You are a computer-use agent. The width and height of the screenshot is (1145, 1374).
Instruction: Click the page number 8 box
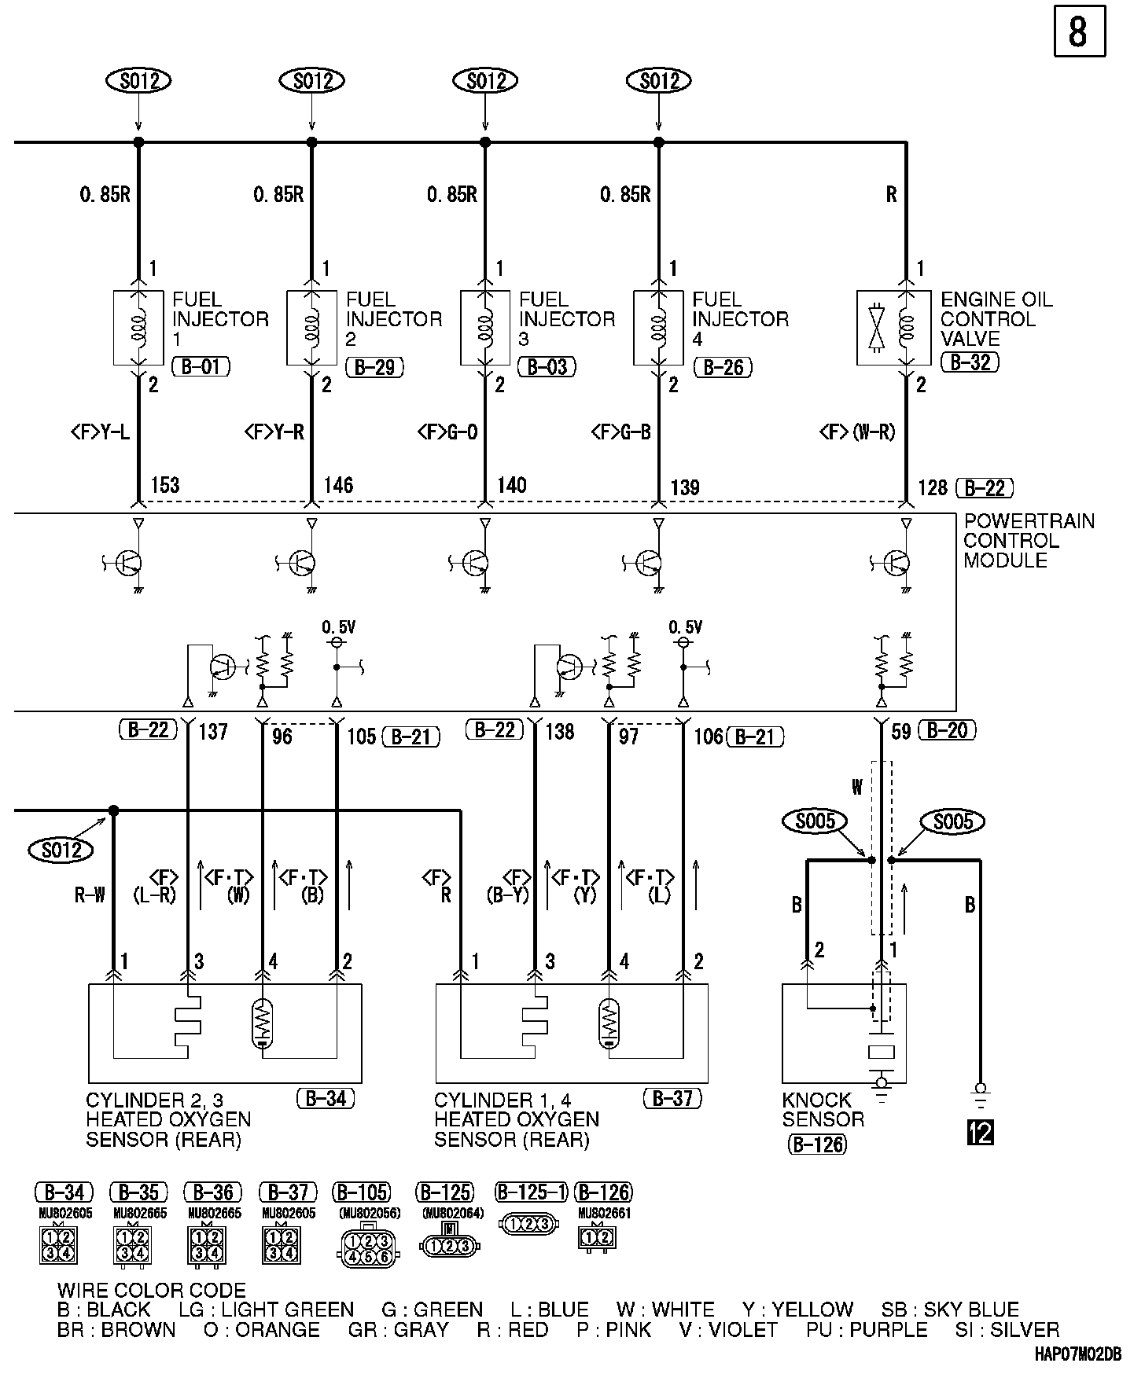(x=1079, y=31)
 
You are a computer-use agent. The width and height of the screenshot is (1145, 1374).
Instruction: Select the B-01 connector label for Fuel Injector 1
(x=201, y=366)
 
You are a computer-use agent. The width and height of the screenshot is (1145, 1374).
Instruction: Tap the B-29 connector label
(x=374, y=367)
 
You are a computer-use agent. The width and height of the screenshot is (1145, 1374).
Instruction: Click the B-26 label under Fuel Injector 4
(x=723, y=367)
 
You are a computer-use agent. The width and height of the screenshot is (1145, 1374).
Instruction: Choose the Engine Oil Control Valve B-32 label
(x=970, y=362)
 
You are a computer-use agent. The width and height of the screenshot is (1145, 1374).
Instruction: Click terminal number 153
(x=164, y=485)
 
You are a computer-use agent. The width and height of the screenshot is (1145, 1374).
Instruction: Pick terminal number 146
(x=338, y=485)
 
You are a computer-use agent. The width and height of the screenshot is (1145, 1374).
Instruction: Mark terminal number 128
(x=933, y=488)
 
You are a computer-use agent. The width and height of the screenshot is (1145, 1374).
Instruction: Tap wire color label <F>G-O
(x=447, y=432)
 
